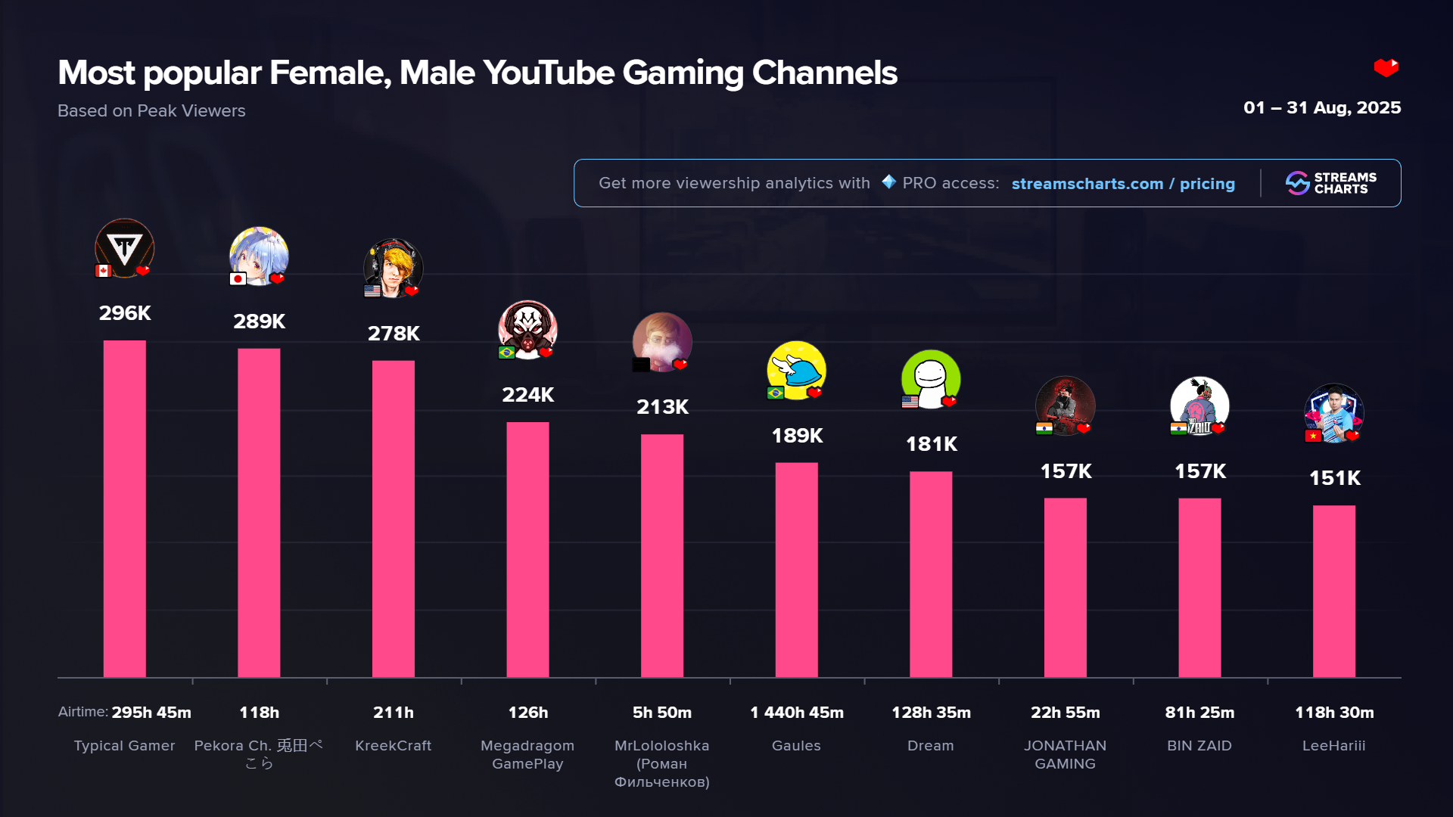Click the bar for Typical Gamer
tap(124, 508)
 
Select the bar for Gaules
tap(796, 570)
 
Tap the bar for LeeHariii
tap(1333, 591)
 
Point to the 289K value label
tap(259, 322)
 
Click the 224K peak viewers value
tap(527, 395)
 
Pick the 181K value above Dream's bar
tap(931, 444)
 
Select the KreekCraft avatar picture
tap(393, 268)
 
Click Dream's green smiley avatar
tap(931, 378)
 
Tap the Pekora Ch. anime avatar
tap(259, 255)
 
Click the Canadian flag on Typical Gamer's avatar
tap(104, 271)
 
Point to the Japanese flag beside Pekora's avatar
tap(238, 279)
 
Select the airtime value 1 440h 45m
tap(796, 713)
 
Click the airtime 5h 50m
tap(662, 713)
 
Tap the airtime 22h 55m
tap(1065, 713)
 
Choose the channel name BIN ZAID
tap(1199, 746)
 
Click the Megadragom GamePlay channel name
tap(527, 754)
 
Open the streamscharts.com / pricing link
tap(1123, 184)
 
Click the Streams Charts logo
tap(1330, 183)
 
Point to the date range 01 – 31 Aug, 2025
tap(1321, 108)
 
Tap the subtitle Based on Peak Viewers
tap(151, 111)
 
